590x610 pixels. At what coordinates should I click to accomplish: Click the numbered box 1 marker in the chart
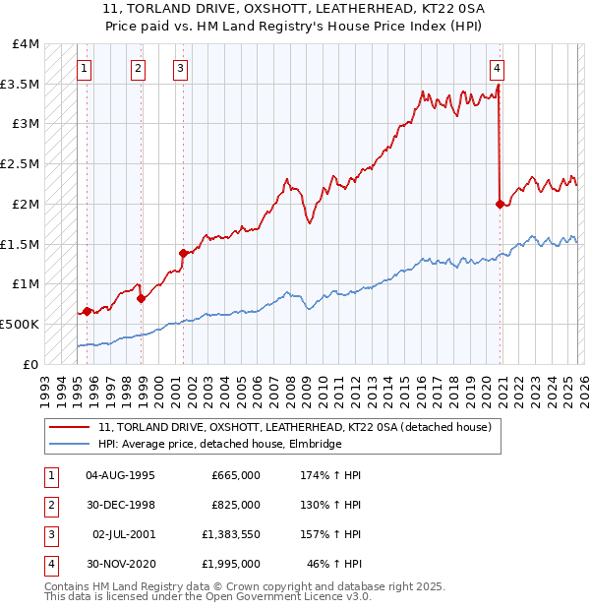pos(85,68)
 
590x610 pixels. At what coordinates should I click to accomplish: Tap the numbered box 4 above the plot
pos(499,68)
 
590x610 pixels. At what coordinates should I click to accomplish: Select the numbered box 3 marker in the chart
pos(182,68)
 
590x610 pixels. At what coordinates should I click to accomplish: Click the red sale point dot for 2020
pos(500,204)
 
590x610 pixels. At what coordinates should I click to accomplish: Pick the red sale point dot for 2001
pos(183,253)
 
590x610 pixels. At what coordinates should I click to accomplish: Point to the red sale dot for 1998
pos(142,298)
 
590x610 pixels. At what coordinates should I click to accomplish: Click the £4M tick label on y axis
pos(27,44)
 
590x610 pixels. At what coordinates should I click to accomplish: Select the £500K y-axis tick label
pos(20,324)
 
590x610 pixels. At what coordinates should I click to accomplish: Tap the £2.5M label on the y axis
pos(21,163)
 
